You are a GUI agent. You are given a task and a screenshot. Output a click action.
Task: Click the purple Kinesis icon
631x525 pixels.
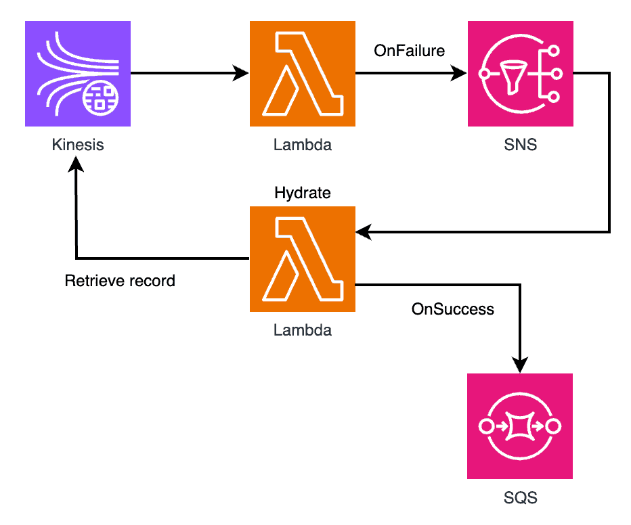pos(78,74)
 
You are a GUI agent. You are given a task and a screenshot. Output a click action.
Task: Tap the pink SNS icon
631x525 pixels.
pos(520,74)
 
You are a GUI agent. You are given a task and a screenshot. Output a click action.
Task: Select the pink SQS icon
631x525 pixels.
pos(520,426)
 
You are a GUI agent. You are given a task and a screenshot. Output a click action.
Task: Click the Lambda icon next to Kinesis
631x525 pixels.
pos(303,74)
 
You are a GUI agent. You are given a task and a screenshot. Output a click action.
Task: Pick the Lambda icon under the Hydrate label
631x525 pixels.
pos(303,259)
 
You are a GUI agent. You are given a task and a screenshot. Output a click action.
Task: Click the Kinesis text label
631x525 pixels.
pos(78,144)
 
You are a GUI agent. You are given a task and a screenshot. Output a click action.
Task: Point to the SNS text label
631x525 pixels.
pos(520,144)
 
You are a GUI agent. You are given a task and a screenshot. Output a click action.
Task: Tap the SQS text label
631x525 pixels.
pos(520,498)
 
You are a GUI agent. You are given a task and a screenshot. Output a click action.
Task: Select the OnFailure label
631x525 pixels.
pos(410,51)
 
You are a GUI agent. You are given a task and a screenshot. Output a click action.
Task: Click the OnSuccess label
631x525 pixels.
pos(453,309)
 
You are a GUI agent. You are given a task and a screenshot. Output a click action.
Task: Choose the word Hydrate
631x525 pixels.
pos(303,193)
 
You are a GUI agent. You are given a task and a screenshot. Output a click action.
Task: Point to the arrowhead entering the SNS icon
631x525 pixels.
pos(460,73)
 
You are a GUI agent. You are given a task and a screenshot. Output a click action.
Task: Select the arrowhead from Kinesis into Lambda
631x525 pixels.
pos(242,73)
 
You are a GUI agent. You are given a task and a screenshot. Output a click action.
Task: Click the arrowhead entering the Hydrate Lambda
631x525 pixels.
pos(364,233)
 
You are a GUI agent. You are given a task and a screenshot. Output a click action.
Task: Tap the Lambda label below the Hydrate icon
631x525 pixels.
pos(303,330)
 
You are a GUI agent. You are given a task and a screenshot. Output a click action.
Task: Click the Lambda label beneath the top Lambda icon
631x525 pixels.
pos(303,144)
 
